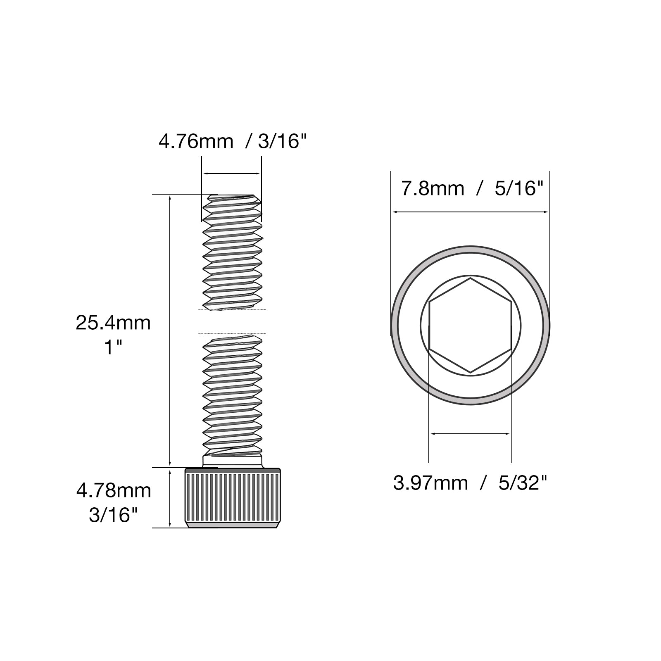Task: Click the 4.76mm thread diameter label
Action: coord(196,142)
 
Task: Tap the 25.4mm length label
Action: coord(113,323)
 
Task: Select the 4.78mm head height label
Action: coord(114,491)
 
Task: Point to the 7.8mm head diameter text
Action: coord(433,189)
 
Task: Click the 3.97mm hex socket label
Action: coord(430,483)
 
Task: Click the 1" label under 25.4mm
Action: coord(113,347)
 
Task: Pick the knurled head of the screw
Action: coord(232,498)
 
